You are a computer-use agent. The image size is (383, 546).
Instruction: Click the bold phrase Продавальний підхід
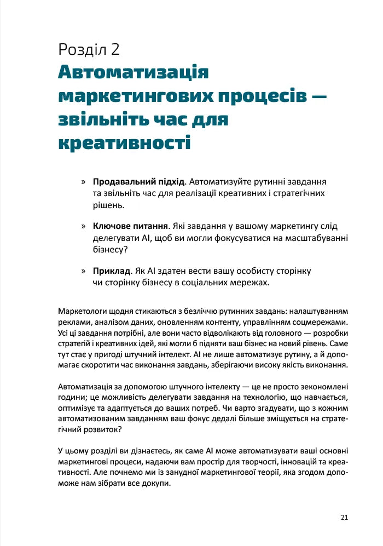coord(139,181)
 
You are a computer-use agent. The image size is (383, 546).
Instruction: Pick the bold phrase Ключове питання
coord(130,226)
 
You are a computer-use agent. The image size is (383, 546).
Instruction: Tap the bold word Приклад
coord(112,271)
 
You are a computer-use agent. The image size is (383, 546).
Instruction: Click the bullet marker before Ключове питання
coord(84,226)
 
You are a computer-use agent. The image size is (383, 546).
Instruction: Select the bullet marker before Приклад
coord(84,271)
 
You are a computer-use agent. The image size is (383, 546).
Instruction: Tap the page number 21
coord(344,517)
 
